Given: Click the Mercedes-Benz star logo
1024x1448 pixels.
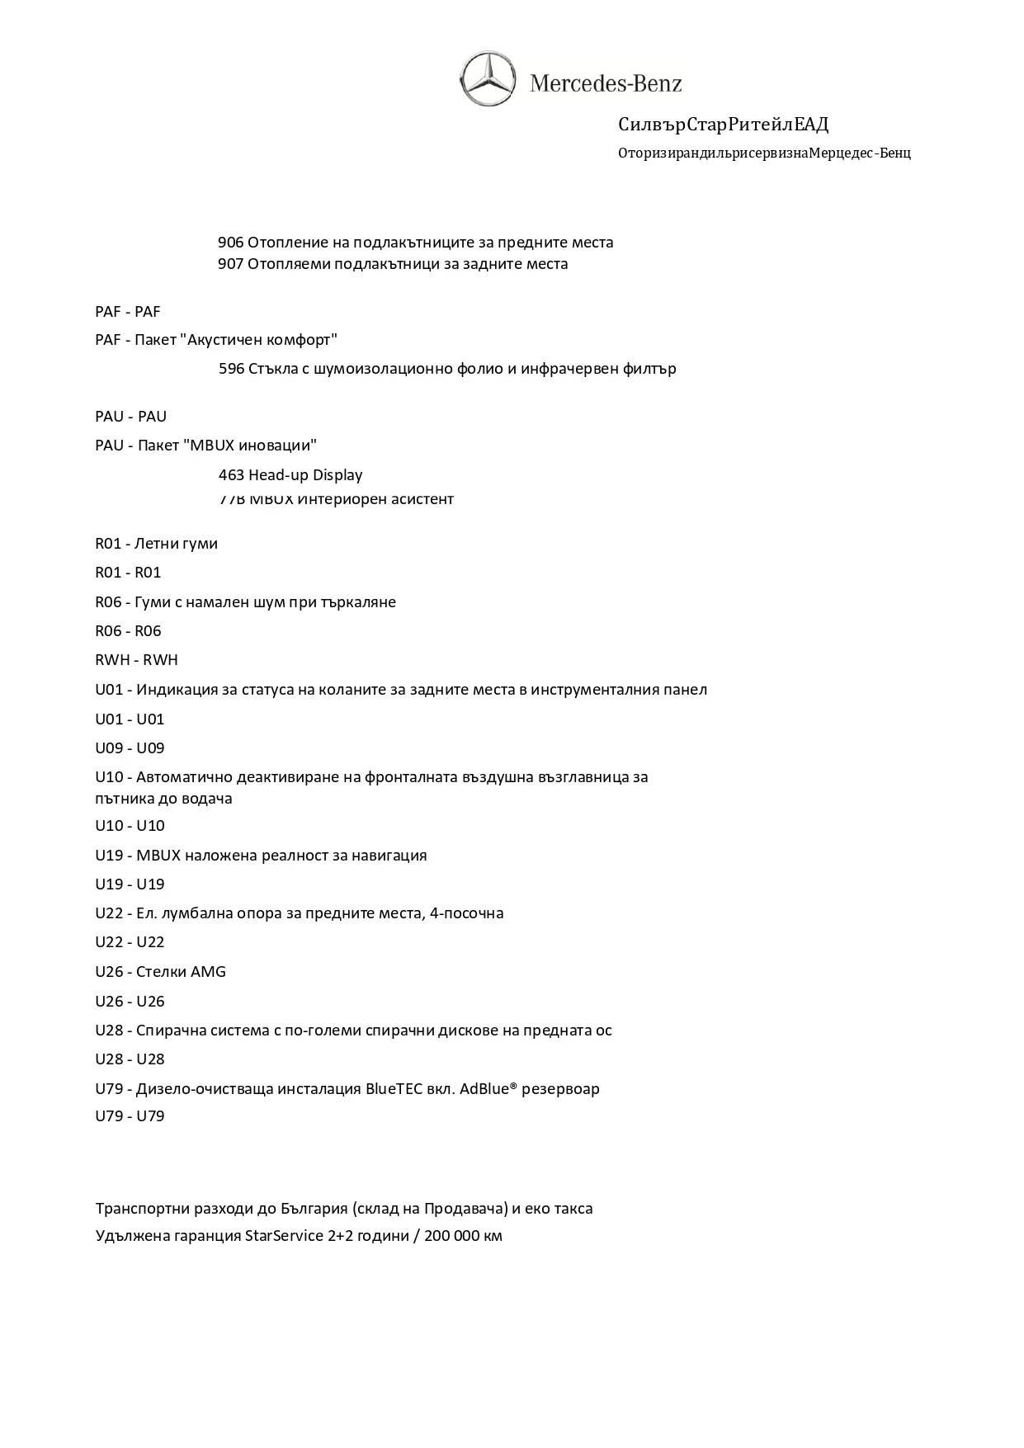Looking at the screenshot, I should coord(488,78).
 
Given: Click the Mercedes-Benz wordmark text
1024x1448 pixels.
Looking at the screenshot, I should coord(606,83).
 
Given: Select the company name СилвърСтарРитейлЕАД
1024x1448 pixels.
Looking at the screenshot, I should coord(723,125).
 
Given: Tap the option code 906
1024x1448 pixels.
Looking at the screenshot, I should coord(230,243).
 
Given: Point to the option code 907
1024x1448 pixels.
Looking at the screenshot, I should coord(230,264).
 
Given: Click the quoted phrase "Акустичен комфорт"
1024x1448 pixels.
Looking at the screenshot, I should coord(259,340).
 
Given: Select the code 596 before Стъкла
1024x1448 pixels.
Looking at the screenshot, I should coord(231,369).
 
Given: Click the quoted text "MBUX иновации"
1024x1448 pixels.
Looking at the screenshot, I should coord(251,446).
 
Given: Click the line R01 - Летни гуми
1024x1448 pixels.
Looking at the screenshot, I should coord(157,544).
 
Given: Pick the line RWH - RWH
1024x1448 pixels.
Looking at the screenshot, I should coord(136,660).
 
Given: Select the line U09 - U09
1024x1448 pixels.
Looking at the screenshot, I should coord(130,748).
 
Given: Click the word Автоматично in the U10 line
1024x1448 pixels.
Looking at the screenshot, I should coord(184,777).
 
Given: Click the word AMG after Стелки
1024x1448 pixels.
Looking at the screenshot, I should coord(208,972).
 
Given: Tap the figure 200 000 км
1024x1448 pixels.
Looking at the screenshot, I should coord(464,1236).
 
